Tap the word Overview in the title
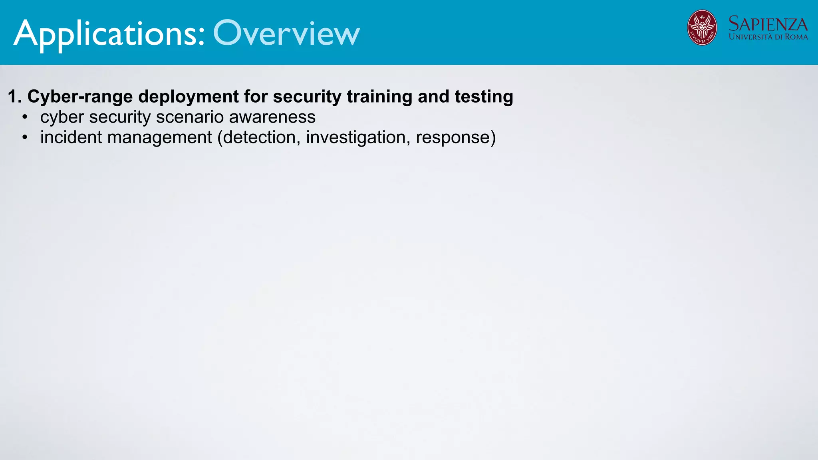coord(286,34)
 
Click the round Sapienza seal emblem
coord(702,28)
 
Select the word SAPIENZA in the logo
coord(768,24)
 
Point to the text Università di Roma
coord(768,37)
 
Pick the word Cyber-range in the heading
coord(80,97)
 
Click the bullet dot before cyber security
coord(25,117)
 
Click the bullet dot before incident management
coord(25,137)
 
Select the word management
coord(159,138)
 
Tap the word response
coord(453,138)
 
